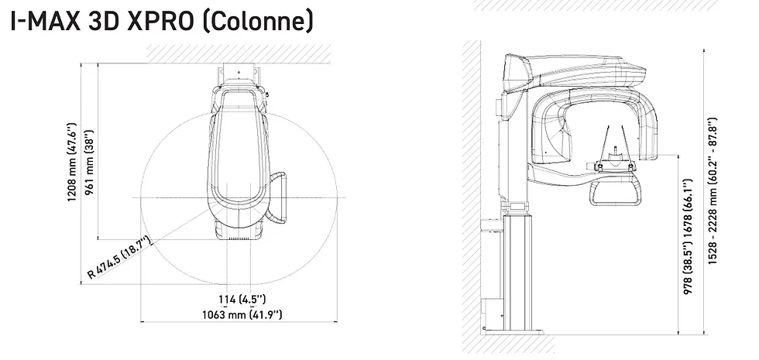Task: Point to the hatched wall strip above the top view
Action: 240,53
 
